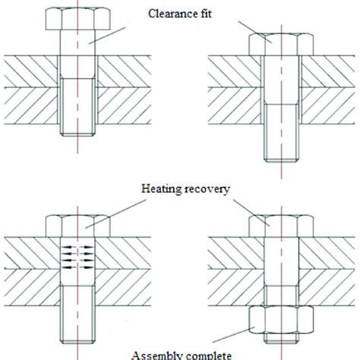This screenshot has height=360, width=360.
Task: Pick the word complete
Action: [x=204, y=354]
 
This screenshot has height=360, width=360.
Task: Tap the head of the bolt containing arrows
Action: [x=77, y=225]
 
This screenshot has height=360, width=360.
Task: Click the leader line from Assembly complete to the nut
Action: [x=235, y=333]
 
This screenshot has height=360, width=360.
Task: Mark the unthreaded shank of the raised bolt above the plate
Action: [x=77, y=43]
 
